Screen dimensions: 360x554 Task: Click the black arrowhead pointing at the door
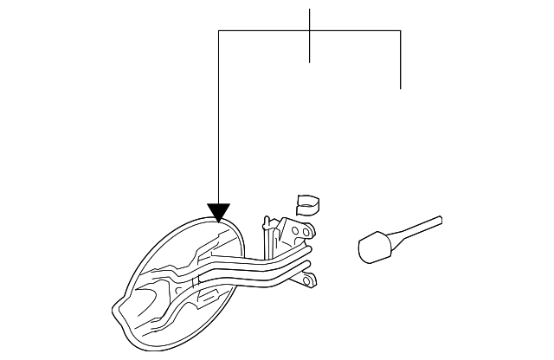pos(218,211)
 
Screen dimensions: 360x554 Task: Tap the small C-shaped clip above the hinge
pos(306,204)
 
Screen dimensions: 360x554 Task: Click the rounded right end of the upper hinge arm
pos(308,248)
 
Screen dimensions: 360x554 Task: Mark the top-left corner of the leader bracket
pos(218,31)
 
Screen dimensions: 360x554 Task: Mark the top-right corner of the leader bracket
pos(401,31)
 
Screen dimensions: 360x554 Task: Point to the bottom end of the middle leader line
pos(310,62)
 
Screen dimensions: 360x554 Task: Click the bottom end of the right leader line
pos(401,88)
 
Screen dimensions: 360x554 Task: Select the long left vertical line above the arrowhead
pos(218,121)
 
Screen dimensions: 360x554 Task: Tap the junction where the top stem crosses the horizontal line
pos(310,31)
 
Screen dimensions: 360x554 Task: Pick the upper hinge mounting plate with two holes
pos(299,232)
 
